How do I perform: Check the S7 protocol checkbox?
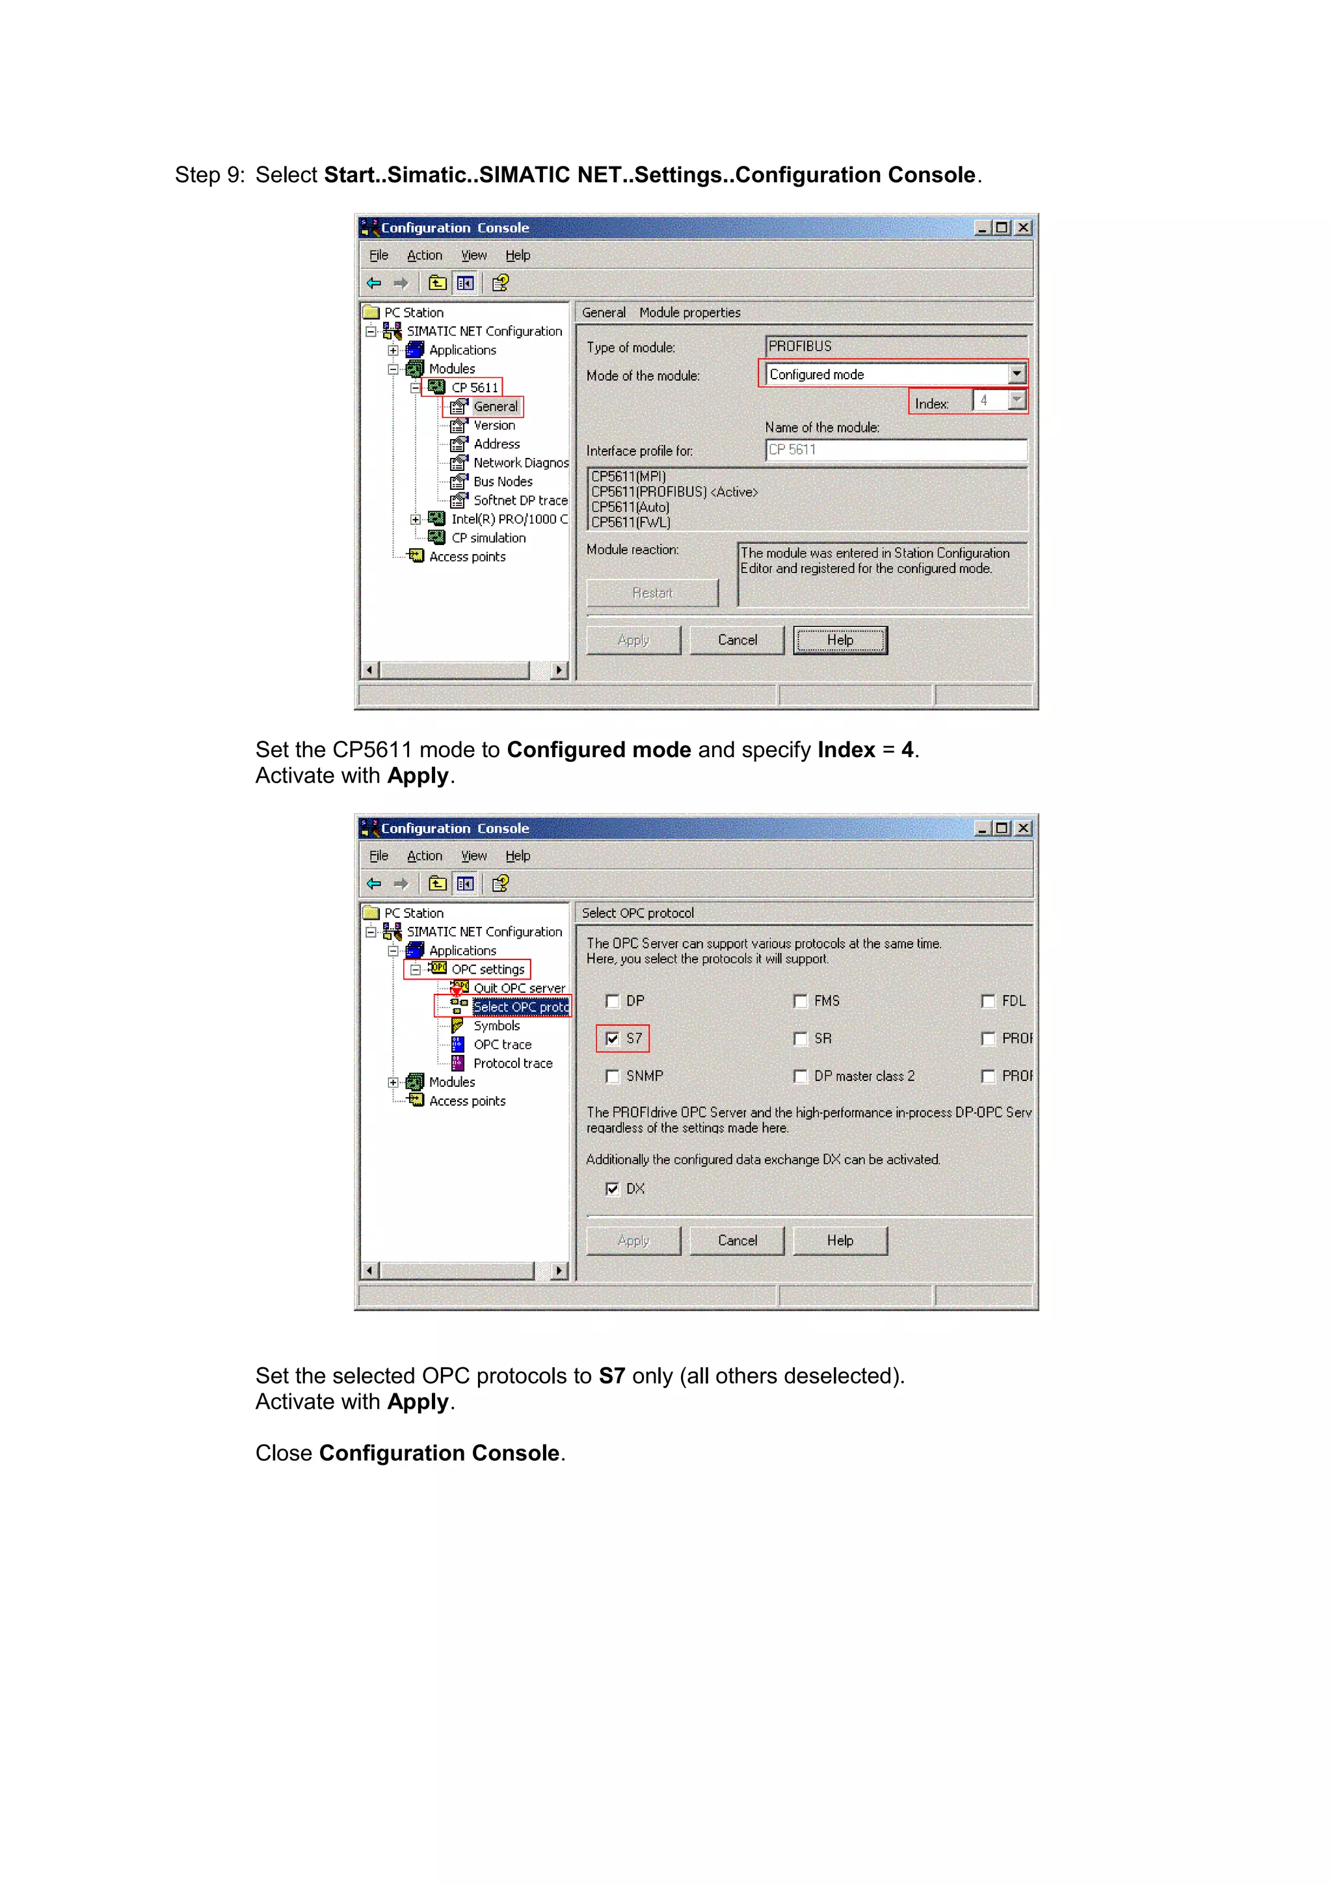tap(612, 1039)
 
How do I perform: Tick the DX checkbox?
tap(612, 1189)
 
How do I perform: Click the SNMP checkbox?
tap(612, 1076)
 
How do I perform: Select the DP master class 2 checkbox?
tap(800, 1076)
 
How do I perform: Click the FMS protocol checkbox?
tap(800, 1001)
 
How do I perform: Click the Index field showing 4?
tap(989, 401)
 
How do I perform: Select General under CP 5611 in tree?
tap(495, 407)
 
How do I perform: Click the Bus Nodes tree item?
tap(502, 482)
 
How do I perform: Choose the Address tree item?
tap(496, 444)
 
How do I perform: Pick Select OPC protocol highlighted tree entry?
tap(520, 1008)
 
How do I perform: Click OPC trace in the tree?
tap(502, 1045)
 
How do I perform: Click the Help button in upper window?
tap(840, 641)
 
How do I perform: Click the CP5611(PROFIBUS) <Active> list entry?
tap(674, 492)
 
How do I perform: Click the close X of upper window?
tap(1022, 228)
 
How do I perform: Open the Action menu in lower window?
tap(424, 855)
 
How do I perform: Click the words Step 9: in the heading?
tap(209, 175)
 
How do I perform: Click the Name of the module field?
tap(894, 450)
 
